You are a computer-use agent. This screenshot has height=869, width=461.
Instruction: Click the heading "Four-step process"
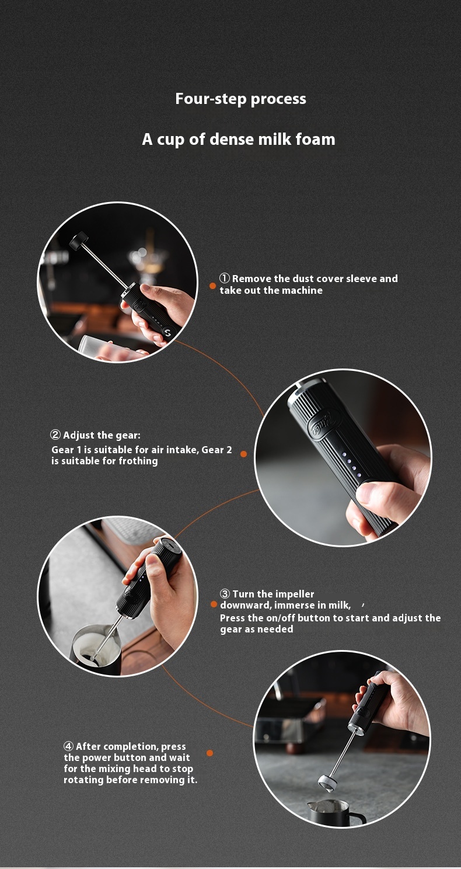[240, 99]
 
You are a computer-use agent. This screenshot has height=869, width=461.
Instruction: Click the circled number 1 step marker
[225, 279]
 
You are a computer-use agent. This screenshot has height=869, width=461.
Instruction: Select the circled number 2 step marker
[56, 435]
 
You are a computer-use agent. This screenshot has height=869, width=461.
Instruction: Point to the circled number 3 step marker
[225, 594]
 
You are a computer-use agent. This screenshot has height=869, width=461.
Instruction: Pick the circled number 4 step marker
[69, 746]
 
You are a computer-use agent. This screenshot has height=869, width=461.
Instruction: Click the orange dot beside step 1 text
[212, 286]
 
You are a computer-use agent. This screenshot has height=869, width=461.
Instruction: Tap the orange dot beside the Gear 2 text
[243, 454]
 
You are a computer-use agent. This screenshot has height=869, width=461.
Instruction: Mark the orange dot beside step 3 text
[214, 604]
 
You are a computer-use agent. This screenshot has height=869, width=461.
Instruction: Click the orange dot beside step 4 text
[209, 753]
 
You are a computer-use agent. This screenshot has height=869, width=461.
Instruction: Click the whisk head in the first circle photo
[79, 239]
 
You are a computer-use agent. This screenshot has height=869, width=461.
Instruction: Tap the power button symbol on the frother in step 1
[167, 333]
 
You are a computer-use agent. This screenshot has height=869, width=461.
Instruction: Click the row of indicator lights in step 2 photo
[351, 464]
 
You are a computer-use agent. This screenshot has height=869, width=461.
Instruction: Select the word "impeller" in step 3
[294, 595]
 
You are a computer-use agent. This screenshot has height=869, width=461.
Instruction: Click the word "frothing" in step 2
[138, 461]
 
